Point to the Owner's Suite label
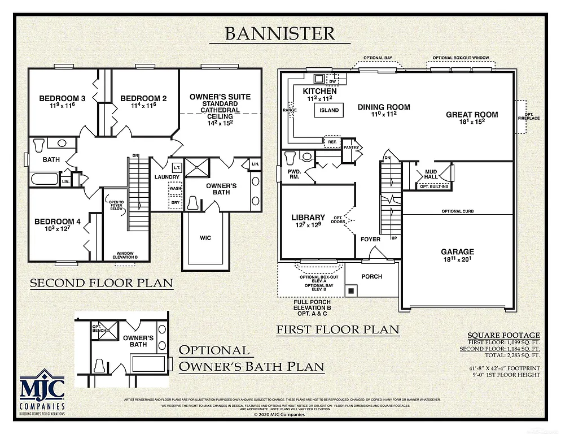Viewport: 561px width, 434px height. click(220, 97)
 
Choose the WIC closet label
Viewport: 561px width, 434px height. click(205, 238)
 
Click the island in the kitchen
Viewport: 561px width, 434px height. click(329, 110)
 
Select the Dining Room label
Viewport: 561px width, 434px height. click(384, 107)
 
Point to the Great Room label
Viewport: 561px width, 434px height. click(472, 115)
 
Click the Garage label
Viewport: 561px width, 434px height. click(457, 252)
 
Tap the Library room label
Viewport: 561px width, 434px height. click(308, 218)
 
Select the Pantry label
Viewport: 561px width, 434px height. click(351, 147)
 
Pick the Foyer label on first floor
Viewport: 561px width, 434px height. click(370, 239)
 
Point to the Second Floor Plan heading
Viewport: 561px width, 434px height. click(101, 283)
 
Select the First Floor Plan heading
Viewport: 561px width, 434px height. click(338, 329)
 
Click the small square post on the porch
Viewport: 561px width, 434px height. click(351, 290)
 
